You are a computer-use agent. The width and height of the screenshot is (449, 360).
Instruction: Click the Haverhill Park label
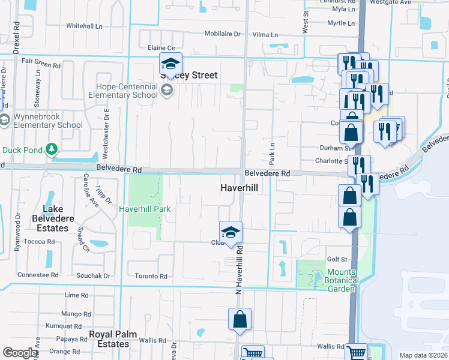click(145, 209)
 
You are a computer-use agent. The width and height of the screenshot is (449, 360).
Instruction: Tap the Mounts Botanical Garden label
click(342, 280)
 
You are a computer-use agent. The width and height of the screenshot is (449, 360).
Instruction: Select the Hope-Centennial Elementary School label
click(123, 91)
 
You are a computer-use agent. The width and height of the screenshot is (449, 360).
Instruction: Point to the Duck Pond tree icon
click(52, 148)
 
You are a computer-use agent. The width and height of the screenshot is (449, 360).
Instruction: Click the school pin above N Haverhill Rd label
click(230, 233)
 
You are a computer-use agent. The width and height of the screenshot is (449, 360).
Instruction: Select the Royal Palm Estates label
click(113, 339)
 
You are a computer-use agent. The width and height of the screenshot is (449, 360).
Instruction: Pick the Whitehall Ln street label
click(84, 26)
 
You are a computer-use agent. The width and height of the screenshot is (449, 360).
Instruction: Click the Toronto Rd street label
click(151, 276)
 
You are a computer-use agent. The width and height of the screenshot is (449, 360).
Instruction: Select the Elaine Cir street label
click(160, 47)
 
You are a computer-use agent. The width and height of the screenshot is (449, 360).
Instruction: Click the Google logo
click(20, 352)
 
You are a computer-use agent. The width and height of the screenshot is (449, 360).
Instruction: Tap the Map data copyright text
click(423, 355)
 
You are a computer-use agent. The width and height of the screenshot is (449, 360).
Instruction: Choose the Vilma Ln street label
click(265, 35)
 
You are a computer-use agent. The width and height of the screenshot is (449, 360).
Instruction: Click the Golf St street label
click(337, 259)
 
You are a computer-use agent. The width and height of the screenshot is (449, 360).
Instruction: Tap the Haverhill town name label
click(238, 188)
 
